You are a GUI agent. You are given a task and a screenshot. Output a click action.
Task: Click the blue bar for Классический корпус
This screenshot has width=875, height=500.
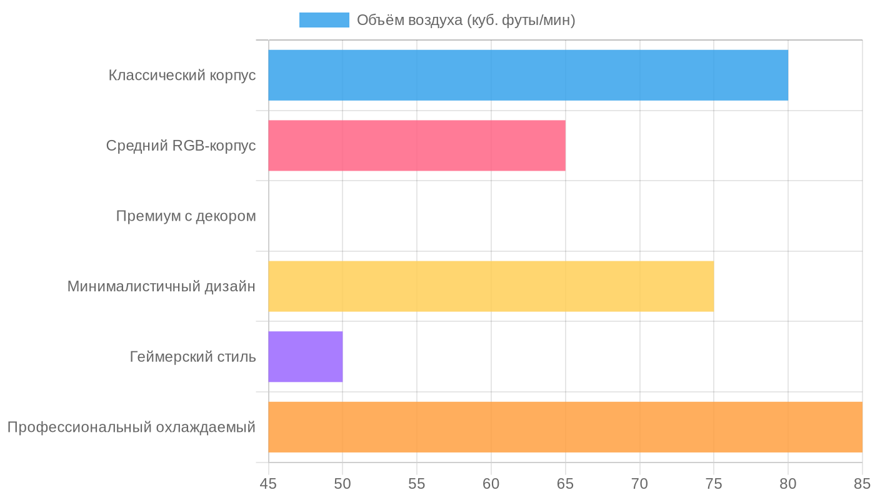pos(528,75)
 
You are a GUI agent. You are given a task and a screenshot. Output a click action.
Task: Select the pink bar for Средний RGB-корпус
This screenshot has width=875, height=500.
pos(417,146)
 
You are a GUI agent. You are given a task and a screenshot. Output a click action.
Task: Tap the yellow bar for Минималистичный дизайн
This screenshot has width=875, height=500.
pos(491,286)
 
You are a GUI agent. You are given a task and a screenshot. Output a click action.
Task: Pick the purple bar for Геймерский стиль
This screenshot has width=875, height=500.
pos(306,357)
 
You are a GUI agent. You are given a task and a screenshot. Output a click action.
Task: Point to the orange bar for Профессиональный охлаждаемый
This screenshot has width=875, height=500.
pos(565,427)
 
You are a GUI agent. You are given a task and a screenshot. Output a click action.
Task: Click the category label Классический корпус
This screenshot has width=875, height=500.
pos(182,75)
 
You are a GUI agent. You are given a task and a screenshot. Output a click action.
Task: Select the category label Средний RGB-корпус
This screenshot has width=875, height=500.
pos(181,146)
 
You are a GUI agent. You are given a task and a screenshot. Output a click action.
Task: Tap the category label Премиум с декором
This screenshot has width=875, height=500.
pos(186,216)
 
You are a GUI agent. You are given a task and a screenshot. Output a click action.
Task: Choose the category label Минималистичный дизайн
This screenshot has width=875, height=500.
pos(161,286)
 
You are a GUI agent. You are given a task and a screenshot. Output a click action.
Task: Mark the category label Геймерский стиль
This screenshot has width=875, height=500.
pos(192,357)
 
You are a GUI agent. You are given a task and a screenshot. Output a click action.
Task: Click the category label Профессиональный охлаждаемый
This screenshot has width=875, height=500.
pos(131,427)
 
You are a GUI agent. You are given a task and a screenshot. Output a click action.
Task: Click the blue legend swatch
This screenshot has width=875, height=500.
pos(324,20)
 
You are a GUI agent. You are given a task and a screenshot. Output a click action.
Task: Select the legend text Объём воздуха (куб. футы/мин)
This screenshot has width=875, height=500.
pos(466,20)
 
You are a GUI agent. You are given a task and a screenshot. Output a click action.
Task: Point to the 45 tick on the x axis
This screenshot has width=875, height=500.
pos(269,483)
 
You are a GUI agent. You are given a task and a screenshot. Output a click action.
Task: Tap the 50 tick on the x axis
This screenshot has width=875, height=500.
pos(342,483)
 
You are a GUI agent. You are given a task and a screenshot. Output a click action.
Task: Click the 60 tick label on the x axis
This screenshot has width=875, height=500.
pos(491,483)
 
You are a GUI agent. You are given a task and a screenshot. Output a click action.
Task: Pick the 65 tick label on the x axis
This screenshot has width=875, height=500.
pos(566,483)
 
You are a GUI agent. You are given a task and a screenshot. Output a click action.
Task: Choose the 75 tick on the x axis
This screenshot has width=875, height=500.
pos(714,483)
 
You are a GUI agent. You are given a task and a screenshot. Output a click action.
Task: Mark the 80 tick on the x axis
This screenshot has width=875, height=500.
pos(788,483)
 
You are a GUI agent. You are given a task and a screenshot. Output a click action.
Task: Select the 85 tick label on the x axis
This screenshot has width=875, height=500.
pos(862,483)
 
